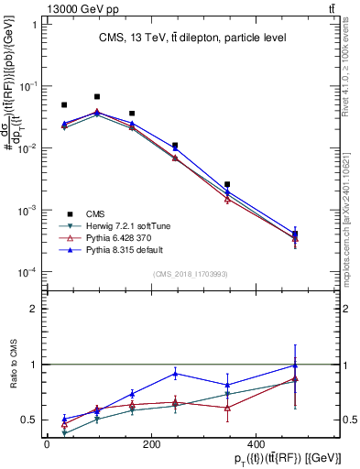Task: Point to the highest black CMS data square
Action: coord(97,96)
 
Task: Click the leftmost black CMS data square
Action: coord(64,105)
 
